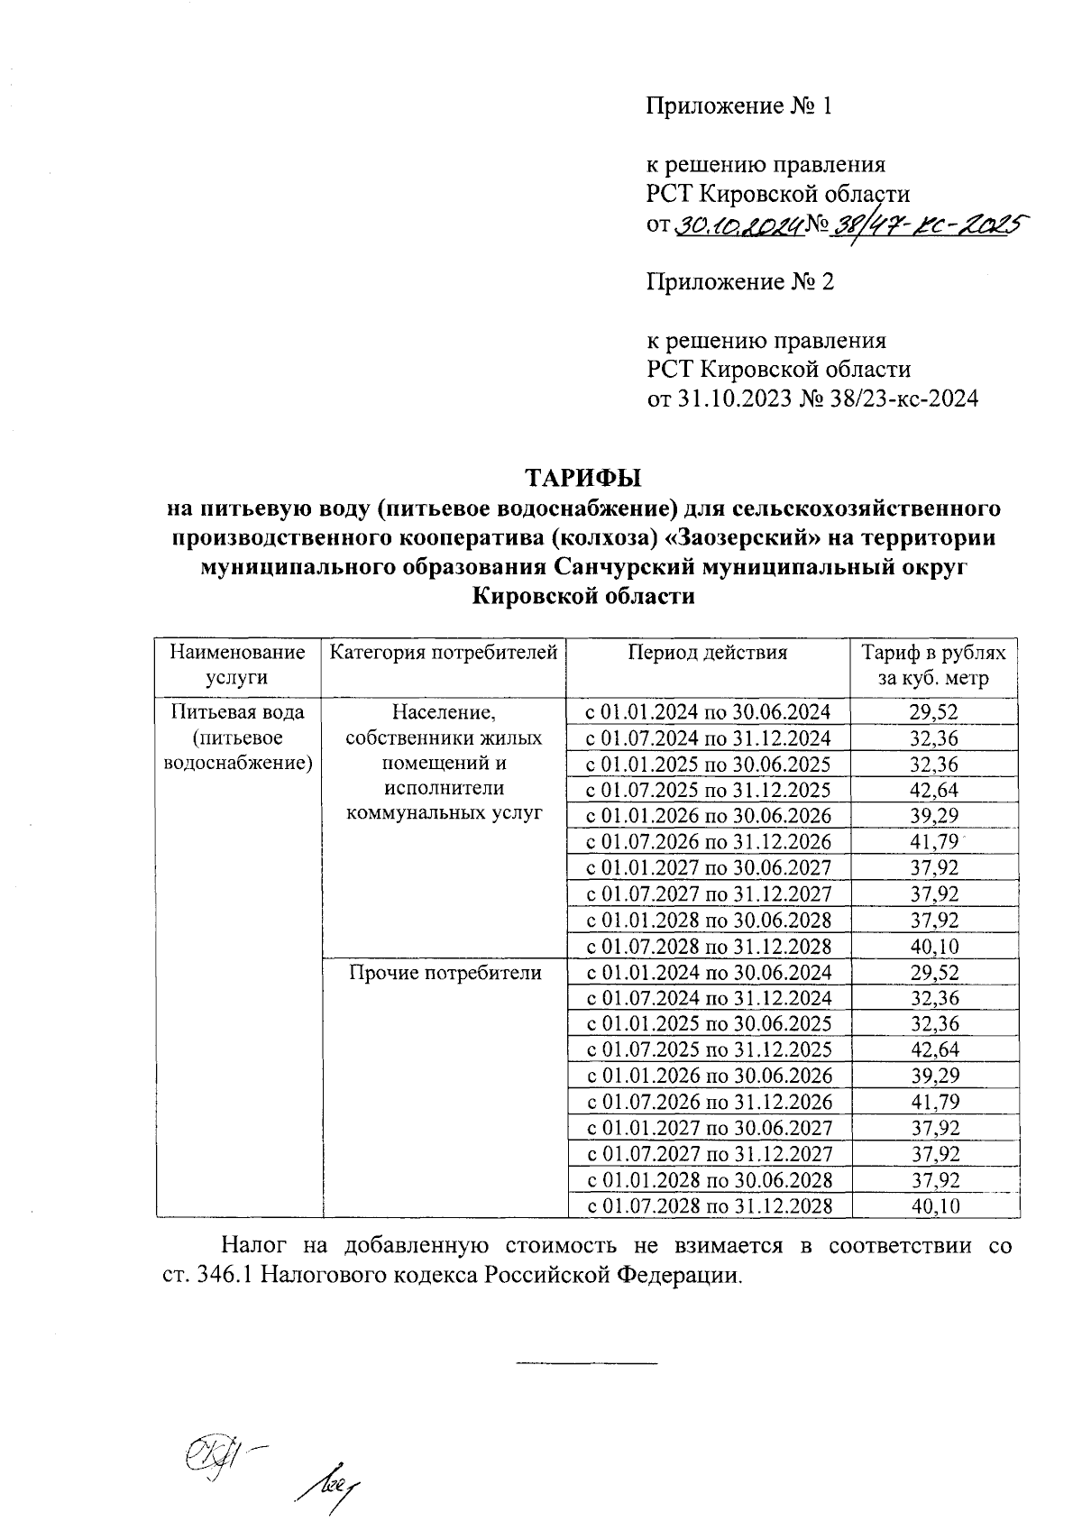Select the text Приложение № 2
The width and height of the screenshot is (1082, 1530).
coord(739,282)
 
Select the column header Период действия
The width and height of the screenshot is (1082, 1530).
coord(708,653)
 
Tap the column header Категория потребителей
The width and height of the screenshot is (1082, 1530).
coord(444,653)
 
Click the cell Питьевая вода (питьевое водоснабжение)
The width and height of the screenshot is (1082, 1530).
coord(239,738)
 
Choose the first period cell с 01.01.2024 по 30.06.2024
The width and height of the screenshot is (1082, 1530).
coord(708,712)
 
